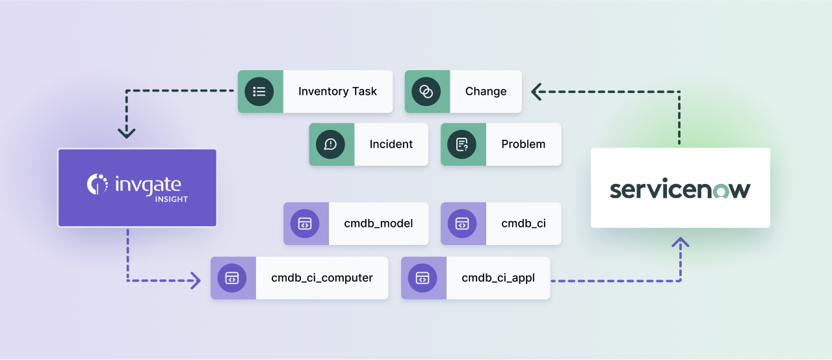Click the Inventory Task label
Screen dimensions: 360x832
pos(337,92)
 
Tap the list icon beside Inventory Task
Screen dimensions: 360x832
pos(259,92)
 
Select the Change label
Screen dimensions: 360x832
pos(486,92)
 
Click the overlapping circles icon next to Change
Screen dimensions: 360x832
pos(426,92)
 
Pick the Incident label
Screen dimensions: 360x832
pos(391,144)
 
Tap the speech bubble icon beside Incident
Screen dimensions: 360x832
pos(330,144)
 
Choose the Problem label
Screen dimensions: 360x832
pos(523,144)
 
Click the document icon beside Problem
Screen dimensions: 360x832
pos(462,144)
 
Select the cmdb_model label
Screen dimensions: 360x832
pos(378,224)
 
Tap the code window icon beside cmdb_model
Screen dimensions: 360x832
pos(305,224)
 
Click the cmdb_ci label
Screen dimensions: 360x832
pos(523,224)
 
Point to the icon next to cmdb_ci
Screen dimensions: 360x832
pos(462,224)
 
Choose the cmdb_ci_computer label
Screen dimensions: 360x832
pos(322,278)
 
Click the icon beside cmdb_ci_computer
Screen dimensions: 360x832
pos(232,278)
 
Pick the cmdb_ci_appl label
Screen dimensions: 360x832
pos(498,278)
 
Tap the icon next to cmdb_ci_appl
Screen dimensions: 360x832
pos(422,278)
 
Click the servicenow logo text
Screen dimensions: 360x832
pos(680,189)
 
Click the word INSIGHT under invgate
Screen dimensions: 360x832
pos(171,199)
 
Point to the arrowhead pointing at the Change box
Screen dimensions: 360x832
pos(536,92)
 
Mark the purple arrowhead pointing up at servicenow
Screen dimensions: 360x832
pos(680,243)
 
